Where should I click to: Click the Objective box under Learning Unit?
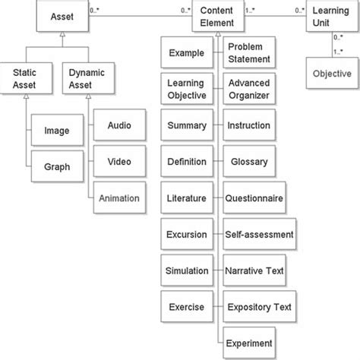click(332, 74)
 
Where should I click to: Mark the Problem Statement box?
click(249, 55)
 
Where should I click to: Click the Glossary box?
click(249, 162)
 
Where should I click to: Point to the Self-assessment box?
click(259, 235)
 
